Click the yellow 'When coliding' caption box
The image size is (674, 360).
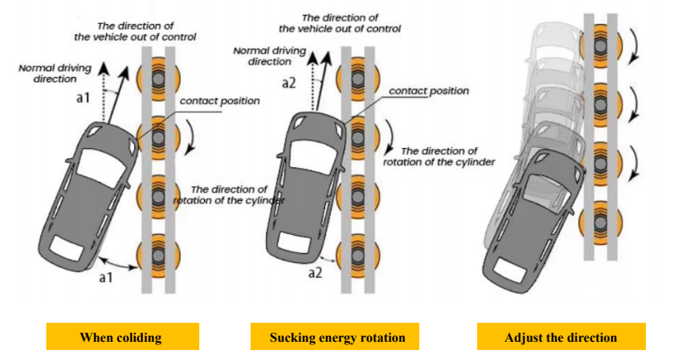click(121, 337)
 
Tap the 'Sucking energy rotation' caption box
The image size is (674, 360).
click(337, 337)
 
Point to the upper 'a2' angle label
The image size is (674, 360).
click(288, 83)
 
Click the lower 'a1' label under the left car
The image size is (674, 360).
click(105, 278)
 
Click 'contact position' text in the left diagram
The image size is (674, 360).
click(219, 101)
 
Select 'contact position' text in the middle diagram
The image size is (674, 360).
click(428, 90)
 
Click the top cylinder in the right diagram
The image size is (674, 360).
click(601, 42)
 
